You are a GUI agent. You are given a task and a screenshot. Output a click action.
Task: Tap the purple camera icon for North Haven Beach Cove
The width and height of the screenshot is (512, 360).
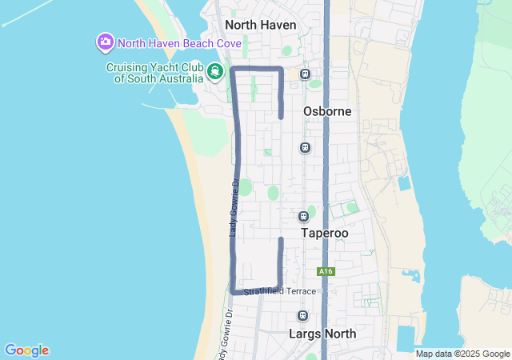click(x=105, y=42)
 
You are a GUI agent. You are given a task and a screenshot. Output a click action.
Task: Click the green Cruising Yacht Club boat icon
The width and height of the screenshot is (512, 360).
click(x=214, y=72)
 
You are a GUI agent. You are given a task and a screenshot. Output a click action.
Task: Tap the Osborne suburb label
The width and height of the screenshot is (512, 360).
click(x=327, y=111)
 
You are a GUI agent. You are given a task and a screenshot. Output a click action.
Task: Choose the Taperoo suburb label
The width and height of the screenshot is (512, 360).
click(x=324, y=233)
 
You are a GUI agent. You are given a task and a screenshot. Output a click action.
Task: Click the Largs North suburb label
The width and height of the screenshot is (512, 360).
click(x=322, y=333)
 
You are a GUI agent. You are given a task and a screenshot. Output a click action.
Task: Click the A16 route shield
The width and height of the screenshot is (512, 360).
click(x=325, y=272)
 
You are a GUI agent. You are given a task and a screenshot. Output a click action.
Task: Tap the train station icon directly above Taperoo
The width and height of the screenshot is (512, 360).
click(x=303, y=216)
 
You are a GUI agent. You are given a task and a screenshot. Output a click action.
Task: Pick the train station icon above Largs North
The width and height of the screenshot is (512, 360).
click(x=302, y=315)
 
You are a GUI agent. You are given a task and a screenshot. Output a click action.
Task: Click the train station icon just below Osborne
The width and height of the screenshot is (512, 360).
click(x=304, y=147)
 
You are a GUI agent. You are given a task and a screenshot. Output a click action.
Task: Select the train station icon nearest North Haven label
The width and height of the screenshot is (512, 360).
click(x=305, y=74)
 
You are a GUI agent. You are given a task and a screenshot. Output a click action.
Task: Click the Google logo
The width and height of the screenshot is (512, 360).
click(x=26, y=350)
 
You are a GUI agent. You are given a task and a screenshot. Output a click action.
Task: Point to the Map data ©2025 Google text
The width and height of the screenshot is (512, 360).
click(x=462, y=354)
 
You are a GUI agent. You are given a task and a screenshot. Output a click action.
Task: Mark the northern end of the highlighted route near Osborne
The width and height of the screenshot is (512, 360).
click(x=281, y=117)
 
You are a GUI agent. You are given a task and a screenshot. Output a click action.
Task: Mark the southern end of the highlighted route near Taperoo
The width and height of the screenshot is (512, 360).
click(x=281, y=239)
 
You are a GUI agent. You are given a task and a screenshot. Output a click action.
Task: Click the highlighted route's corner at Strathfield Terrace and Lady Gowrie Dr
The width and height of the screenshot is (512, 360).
click(x=234, y=290)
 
